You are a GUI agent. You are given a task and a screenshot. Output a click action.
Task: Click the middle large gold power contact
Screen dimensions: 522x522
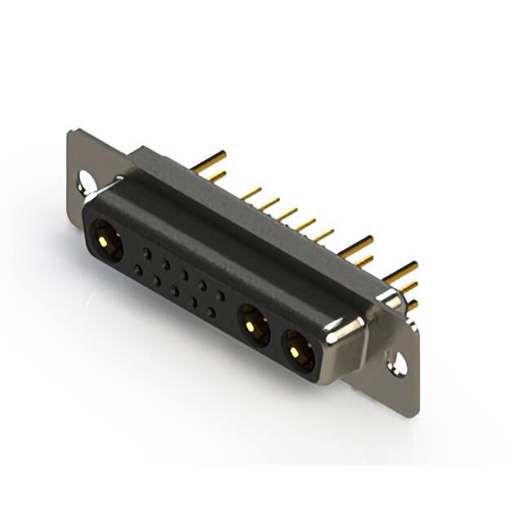254,327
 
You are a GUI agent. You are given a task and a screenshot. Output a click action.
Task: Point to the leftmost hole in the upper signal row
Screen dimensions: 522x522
147,253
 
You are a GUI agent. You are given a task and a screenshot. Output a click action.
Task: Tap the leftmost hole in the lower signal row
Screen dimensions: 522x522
138,270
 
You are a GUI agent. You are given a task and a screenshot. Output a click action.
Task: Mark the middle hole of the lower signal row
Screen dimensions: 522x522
175,291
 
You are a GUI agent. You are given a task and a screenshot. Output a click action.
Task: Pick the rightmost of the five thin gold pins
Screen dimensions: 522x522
325,235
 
